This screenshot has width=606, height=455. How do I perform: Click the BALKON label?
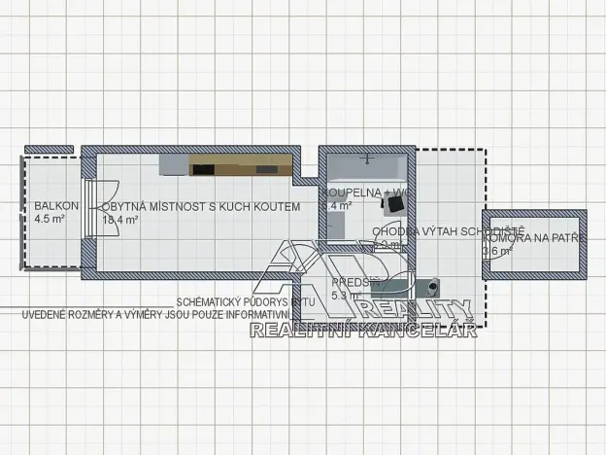click(50, 207)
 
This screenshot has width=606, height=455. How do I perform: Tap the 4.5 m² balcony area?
click(49, 220)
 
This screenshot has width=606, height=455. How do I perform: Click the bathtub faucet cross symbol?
click(367, 156)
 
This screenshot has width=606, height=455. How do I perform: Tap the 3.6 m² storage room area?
click(496, 251)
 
